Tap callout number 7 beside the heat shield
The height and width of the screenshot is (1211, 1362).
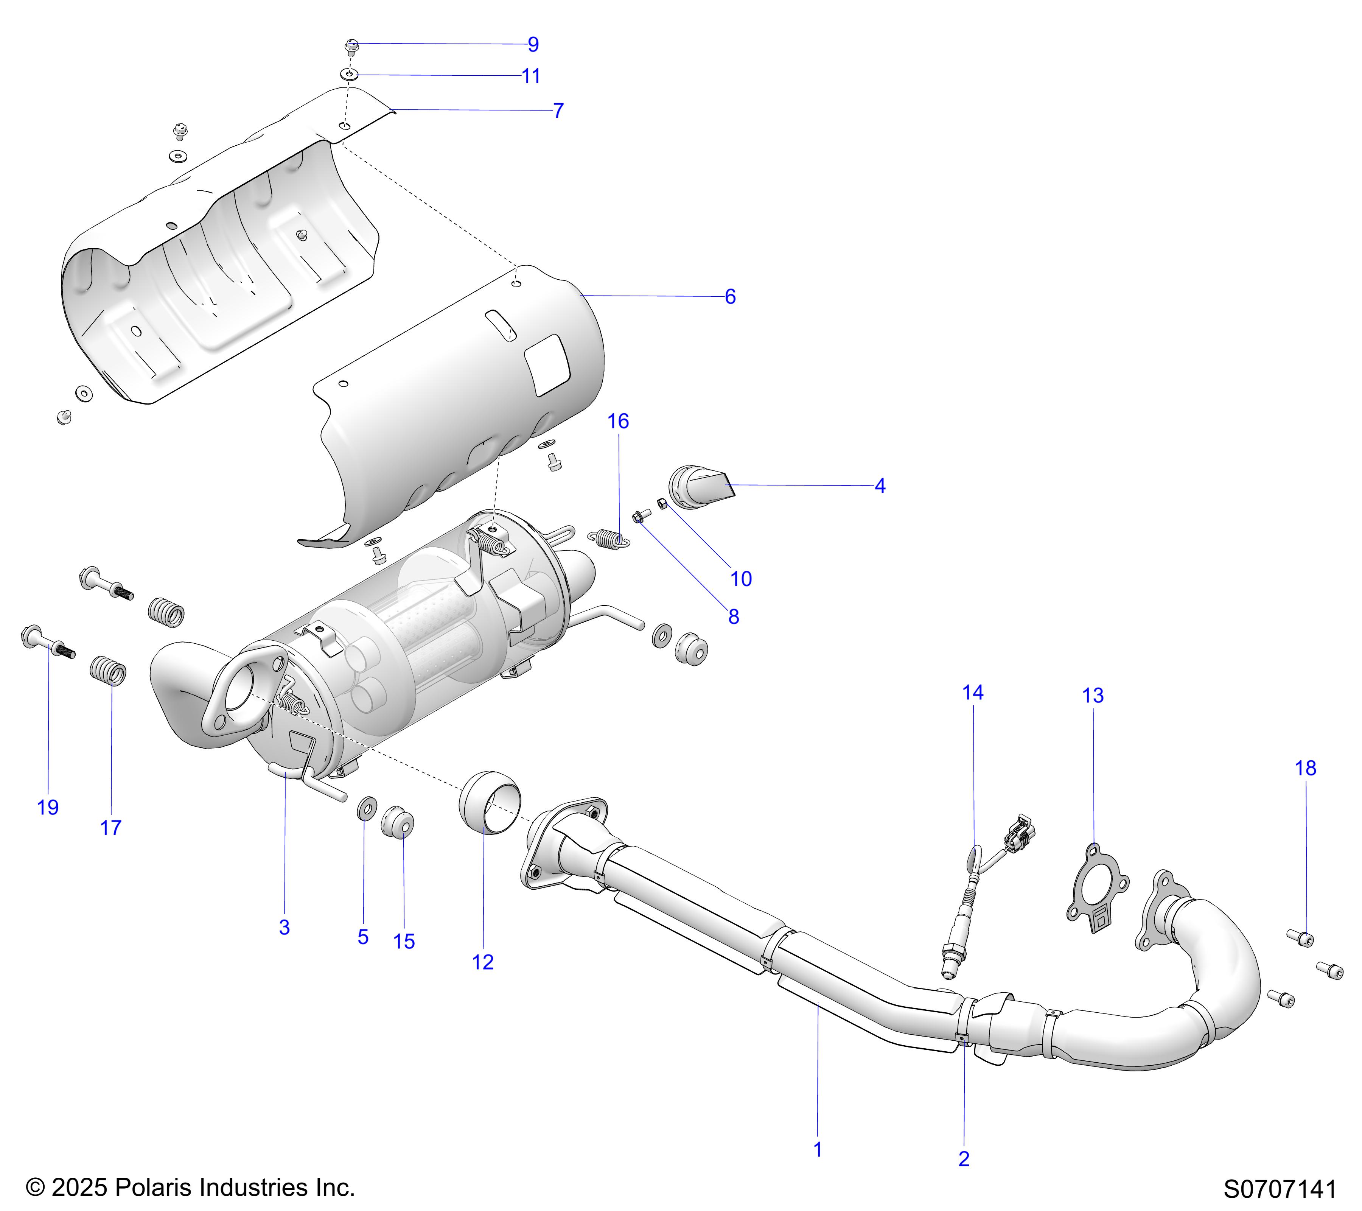[x=558, y=111]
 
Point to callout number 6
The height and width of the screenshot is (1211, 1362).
[x=730, y=297]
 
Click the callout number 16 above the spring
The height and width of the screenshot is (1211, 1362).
[x=618, y=421]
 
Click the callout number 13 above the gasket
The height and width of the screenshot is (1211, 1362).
[x=1093, y=696]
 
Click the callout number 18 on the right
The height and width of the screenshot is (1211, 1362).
[x=1305, y=769]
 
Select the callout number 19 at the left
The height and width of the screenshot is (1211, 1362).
[x=48, y=808]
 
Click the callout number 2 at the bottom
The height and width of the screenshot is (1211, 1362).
[x=964, y=1159]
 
